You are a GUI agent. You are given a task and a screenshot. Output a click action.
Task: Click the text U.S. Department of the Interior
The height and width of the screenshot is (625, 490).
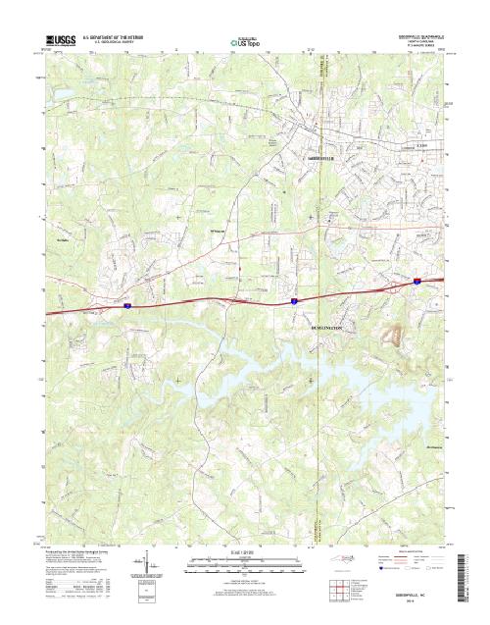tap(118, 35)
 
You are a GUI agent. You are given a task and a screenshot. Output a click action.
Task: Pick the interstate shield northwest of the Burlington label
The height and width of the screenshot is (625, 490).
tap(293, 300)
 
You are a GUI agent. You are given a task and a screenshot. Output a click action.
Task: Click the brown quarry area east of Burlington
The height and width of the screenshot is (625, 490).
tap(394, 336)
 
